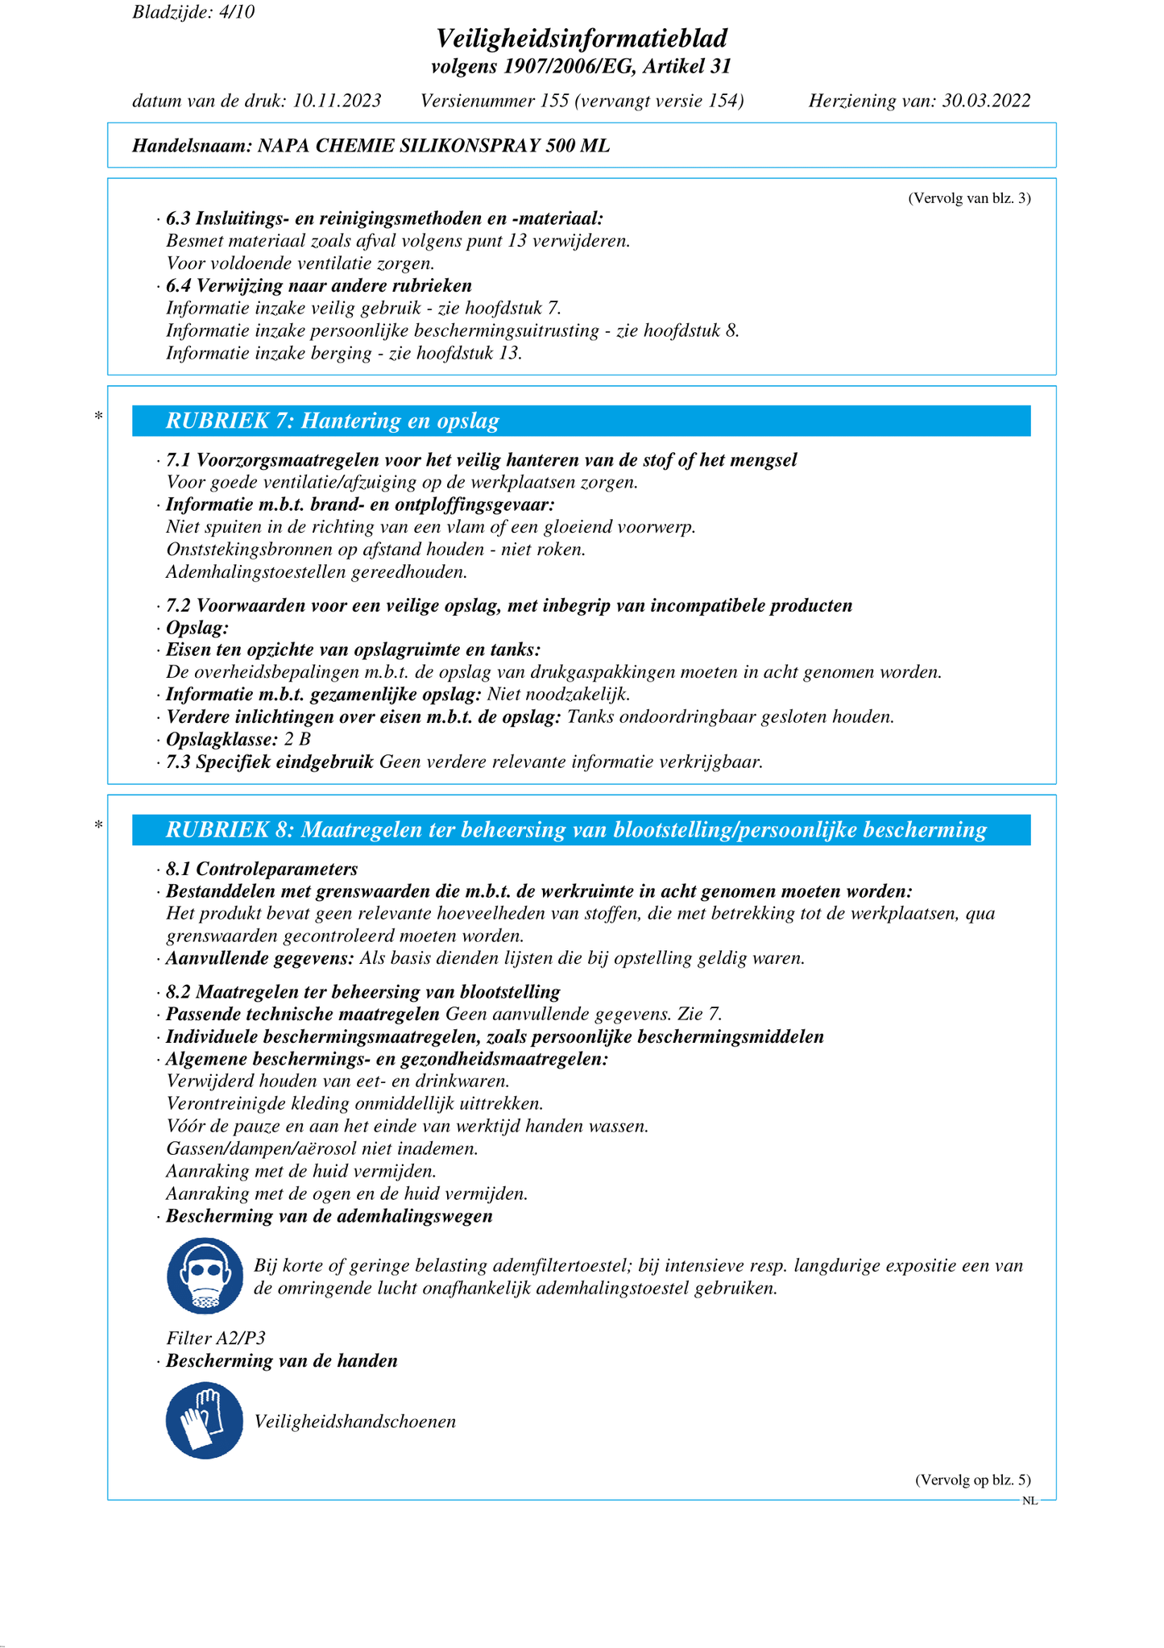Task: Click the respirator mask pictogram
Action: [x=205, y=1276]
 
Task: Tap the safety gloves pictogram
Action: [x=205, y=1421]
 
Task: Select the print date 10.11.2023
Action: [x=337, y=101]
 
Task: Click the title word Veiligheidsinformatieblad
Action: [x=582, y=38]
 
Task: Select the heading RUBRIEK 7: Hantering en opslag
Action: [x=332, y=421]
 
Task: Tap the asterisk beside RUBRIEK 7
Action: [x=98, y=417]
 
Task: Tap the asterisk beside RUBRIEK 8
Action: [x=98, y=825]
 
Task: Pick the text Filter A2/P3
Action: [x=216, y=1338]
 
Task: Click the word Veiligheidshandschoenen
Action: [x=355, y=1422]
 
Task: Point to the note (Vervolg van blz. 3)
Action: [x=969, y=198]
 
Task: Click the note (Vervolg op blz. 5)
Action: [x=972, y=1480]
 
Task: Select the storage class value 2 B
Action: [x=297, y=739]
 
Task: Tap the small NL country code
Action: [x=1029, y=1501]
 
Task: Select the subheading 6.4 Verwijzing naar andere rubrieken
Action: [x=319, y=286]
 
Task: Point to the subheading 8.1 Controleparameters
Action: [x=262, y=869]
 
